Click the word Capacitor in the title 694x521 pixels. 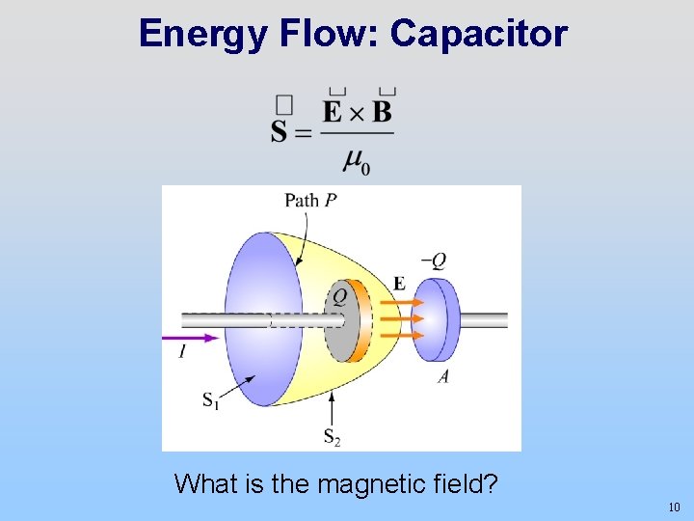point(479,34)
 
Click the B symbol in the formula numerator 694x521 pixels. point(383,112)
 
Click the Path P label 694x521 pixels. point(310,201)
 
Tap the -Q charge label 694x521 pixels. point(434,260)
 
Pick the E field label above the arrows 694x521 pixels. point(399,283)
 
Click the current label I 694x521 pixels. point(181,353)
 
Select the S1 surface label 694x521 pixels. point(210,400)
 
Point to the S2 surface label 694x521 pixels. point(332,437)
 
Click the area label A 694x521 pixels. point(442,376)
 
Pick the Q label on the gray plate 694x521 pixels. point(339,297)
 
